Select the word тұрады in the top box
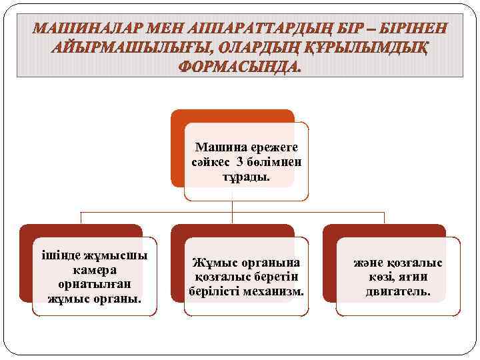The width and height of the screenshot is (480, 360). tap(246, 177)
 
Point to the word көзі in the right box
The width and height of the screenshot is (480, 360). tap(381, 277)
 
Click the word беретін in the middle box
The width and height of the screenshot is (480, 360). tap(273, 277)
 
